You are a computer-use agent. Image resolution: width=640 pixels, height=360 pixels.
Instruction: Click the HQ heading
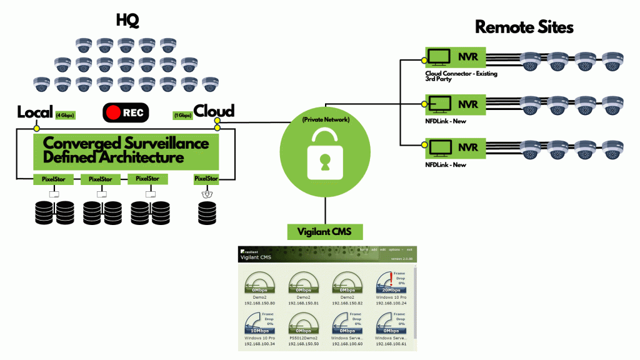coord(127,21)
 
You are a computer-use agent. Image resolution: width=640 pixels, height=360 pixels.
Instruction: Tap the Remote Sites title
coord(524,27)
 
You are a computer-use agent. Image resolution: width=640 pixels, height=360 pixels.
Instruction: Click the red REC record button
coord(126,113)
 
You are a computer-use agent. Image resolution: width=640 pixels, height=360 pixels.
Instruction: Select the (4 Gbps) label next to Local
coord(65,115)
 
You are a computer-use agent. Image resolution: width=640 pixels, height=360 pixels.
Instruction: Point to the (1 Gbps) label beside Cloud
coord(182,115)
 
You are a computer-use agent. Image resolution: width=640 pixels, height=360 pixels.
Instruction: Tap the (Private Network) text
coord(324,119)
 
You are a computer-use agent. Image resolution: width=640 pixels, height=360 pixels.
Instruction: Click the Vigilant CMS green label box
coord(324,231)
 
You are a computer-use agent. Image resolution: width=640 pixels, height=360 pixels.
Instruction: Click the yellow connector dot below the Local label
coord(36,128)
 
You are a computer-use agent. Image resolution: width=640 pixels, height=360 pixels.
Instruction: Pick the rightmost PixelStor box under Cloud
coord(206,179)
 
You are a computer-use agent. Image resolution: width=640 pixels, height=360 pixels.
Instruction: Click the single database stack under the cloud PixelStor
coord(206,212)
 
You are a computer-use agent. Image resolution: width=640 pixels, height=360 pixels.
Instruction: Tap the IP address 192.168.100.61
coord(390,344)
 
